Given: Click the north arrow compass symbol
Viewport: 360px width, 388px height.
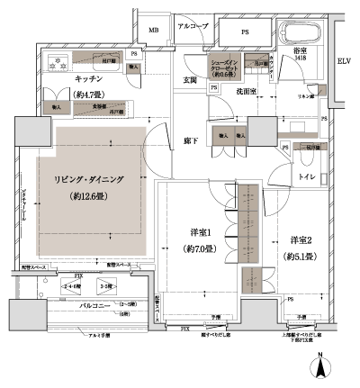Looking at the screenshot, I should (x=321, y=367).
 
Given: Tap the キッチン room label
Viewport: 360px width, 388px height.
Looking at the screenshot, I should (x=86, y=78).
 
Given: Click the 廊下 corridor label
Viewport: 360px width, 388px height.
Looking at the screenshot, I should (x=190, y=140).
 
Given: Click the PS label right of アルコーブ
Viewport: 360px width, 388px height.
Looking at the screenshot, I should (x=245, y=31).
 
